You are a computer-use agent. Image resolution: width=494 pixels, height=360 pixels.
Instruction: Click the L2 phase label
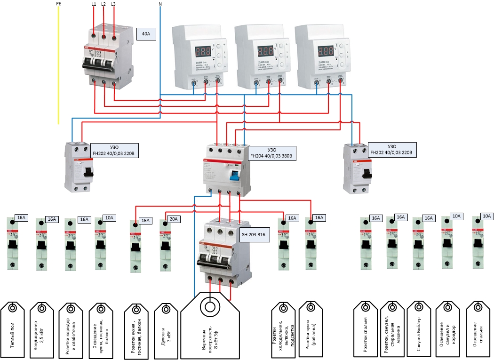coord(103,4)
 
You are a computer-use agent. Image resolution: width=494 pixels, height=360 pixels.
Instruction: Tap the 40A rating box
coord(145,34)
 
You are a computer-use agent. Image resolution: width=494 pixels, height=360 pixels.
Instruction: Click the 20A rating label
coord(173,219)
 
